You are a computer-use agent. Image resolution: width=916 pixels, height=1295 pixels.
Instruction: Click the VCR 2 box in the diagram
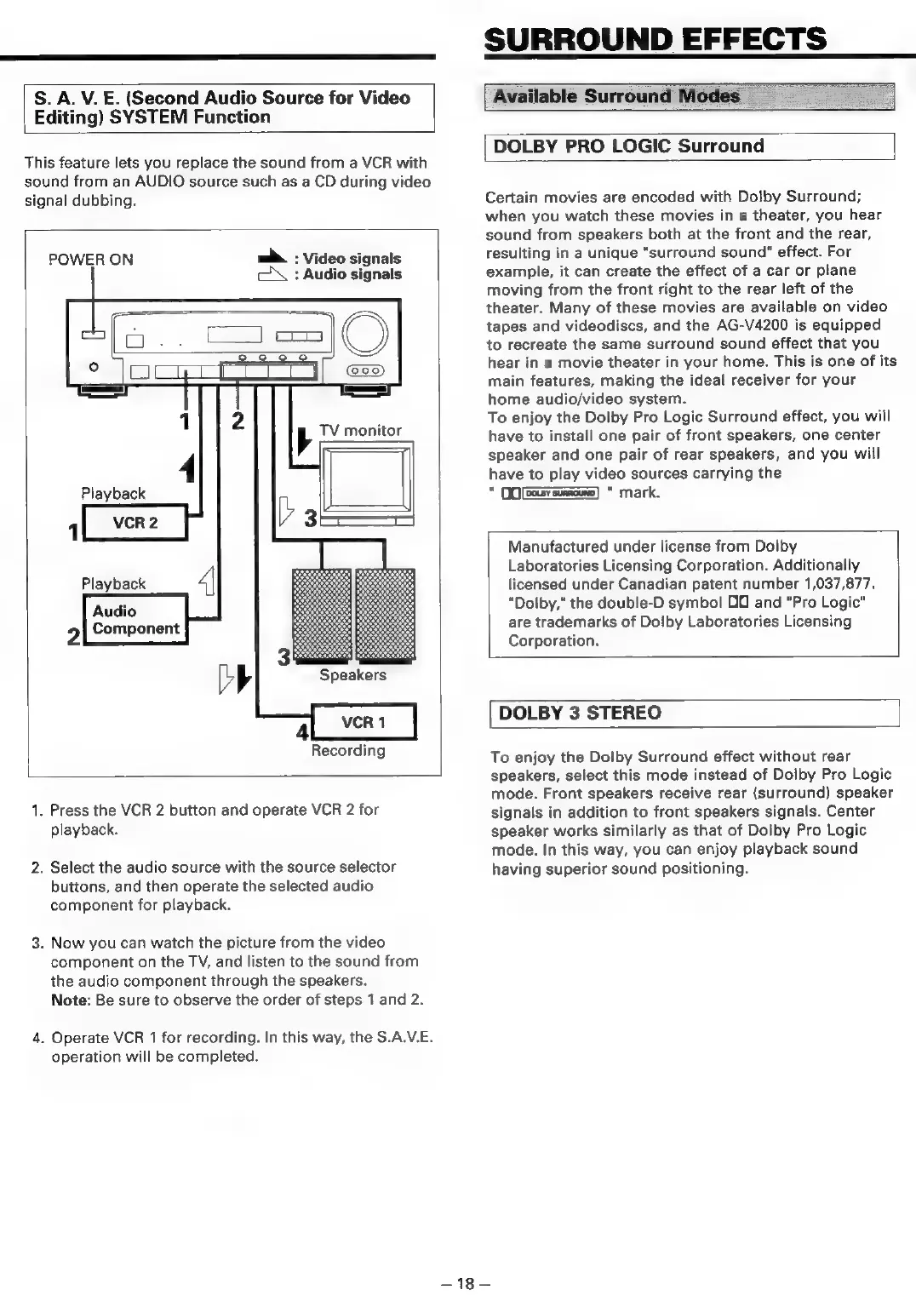135,523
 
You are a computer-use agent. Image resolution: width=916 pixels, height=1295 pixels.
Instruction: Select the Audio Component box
135,620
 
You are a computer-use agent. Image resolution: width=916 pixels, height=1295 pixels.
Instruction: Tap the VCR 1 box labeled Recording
364,723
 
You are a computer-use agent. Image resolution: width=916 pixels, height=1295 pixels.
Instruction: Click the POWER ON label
90,260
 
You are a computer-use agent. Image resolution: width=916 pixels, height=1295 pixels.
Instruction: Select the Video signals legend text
352,258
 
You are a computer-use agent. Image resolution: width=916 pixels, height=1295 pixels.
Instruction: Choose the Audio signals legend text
352,274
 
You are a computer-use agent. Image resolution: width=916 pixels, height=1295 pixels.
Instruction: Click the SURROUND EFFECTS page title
655,38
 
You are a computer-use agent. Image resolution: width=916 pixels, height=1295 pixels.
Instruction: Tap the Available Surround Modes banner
616,96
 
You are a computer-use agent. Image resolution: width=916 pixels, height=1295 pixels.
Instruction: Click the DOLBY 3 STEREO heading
580,713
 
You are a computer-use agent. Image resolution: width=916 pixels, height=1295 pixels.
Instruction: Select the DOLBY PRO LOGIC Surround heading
628,146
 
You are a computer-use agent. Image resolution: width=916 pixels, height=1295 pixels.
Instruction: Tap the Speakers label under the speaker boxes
352,675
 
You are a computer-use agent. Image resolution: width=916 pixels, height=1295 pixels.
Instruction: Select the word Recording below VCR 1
347,750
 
